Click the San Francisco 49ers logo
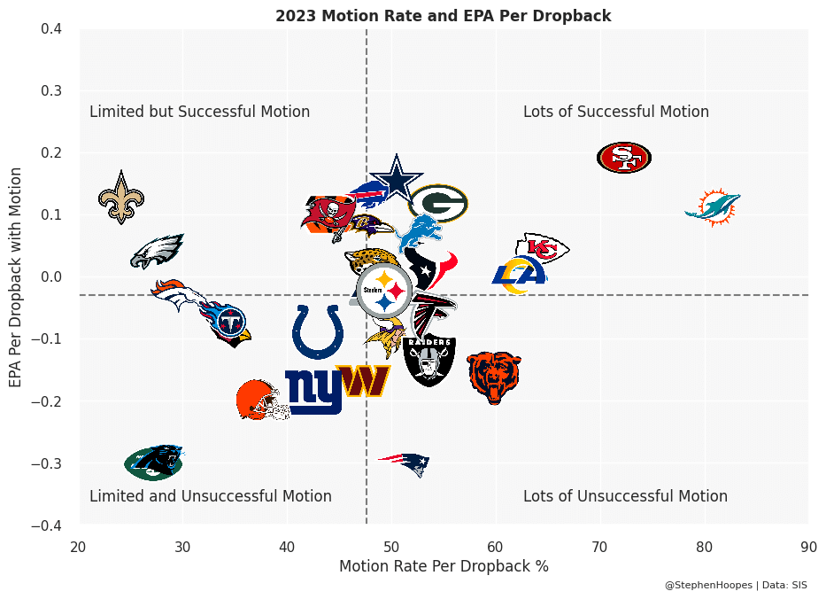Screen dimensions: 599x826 point(624,158)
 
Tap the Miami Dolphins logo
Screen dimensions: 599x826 point(713,207)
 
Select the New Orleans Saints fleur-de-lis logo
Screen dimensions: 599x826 point(121,197)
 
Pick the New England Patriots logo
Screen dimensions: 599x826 point(405,463)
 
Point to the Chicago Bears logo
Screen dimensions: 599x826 point(495,377)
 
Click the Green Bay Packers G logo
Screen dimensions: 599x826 point(438,203)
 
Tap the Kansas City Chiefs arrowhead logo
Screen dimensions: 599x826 point(542,249)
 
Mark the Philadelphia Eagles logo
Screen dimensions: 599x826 point(157,252)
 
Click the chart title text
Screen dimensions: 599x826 point(443,16)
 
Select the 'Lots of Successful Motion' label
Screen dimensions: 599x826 point(616,112)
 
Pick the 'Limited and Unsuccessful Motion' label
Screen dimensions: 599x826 point(211,496)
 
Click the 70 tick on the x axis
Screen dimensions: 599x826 point(599,546)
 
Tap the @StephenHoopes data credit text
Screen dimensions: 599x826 point(736,585)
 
